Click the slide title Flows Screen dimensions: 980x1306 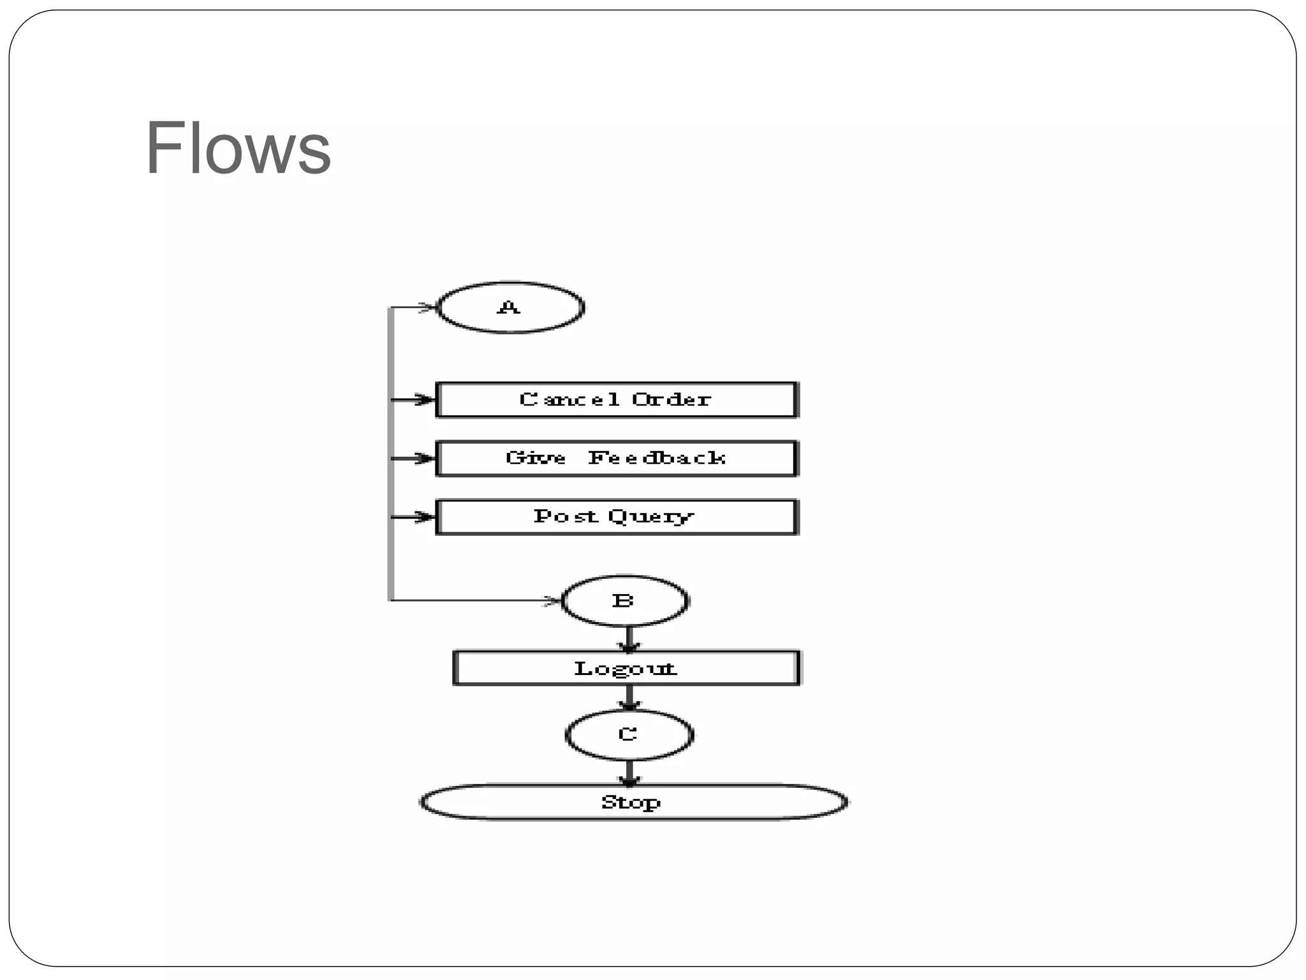click(238, 148)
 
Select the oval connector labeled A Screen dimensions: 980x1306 click(510, 308)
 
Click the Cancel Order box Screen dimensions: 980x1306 click(616, 400)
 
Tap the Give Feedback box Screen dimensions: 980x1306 click(616, 458)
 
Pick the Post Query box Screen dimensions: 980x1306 click(616, 517)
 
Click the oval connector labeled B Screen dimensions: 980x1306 click(624, 600)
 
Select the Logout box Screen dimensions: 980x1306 click(626, 668)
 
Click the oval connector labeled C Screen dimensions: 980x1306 click(629, 734)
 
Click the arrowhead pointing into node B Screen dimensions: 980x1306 click(551, 600)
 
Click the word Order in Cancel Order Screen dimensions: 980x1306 click(671, 400)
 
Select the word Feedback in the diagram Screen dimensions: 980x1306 click(657, 458)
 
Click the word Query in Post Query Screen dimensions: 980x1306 click(650, 517)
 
